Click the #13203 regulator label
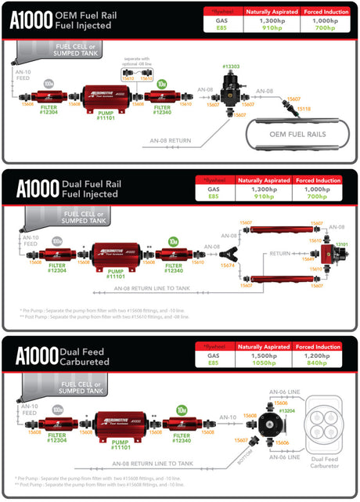pos(231,67)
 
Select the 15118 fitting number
pos(304,109)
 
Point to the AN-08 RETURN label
pos(182,142)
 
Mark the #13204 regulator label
pos(286,410)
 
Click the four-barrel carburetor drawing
pos(324,424)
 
